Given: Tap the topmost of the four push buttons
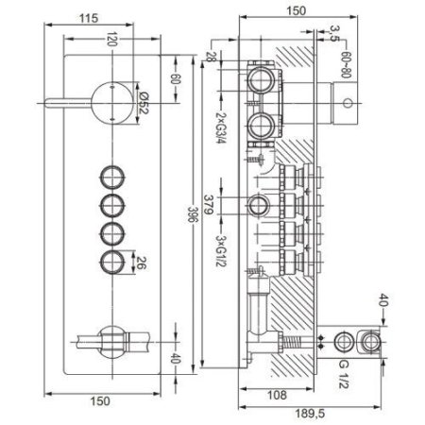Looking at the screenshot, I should coord(112,176).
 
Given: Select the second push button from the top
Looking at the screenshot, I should coord(112,204).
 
